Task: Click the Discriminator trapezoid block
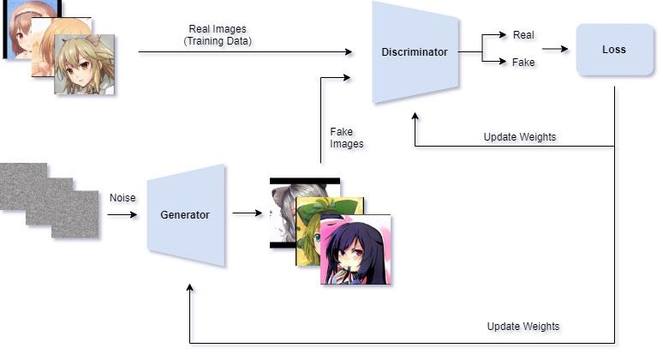(x=415, y=52)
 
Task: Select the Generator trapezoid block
(x=186, y=215)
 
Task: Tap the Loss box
(x=615, y=50)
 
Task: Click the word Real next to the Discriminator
(x=523, y=35)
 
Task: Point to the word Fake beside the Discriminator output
(x=523, y=63)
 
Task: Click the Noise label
(x=122, y=197)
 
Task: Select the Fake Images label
(x=346, y=138)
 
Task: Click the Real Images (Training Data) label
(x=218, y=35)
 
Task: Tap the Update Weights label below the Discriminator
(x=520, y=137)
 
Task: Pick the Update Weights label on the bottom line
(x=523, y=327)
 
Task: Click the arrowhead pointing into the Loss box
(x=564, y=49)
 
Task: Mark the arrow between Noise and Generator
(x=122, y=215)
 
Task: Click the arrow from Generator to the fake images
(x=248, y=213)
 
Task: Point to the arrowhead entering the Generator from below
(x=190, y=288)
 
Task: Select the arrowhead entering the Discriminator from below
(x=415, y=117)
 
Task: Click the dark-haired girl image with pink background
(x=355, y=249)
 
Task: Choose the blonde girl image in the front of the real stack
(x=85, y=64)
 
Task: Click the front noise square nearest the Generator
(x=75, y=214)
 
